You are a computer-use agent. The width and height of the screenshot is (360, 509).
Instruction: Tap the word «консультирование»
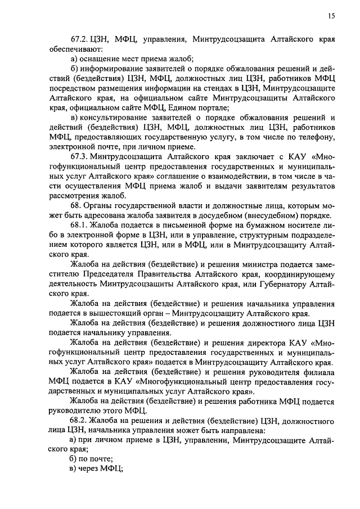(116, 118)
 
